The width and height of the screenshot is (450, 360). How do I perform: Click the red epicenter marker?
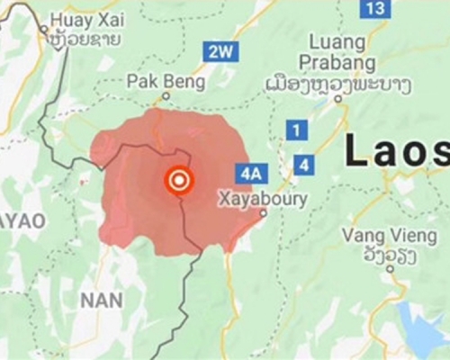[x=179, y=181]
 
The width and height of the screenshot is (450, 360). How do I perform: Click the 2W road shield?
[x=219, y=52]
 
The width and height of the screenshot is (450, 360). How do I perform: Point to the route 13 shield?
[x=375, y=8]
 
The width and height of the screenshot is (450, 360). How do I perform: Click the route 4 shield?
[x=305, y=165]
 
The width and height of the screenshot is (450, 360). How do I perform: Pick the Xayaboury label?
[x=263, y=198]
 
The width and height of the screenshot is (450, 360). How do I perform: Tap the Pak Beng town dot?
[x=166, y=94]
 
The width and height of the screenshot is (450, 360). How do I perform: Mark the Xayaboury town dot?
[x=262, y=213]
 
